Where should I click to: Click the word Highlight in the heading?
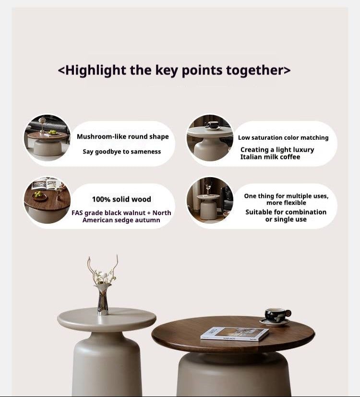tap(96, 70)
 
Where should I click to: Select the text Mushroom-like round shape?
tap(123, 136)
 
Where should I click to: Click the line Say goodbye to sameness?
tap(122, 151)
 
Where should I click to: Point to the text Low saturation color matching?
tap(283, 137)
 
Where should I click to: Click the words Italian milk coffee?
tap(270, 157)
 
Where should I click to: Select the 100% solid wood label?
tap(121, 199)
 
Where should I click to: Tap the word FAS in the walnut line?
tap(77, 213)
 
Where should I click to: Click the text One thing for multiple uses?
tap(286, 196)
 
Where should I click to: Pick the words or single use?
tap(286, 219)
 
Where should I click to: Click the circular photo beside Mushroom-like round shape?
tap(48, 138)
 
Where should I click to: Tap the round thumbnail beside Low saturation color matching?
tap(210, 138)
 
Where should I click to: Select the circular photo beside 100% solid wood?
tap(48, 200)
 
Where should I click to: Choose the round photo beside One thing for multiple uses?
tap(210, 200)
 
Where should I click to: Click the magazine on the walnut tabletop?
tap(235, 334)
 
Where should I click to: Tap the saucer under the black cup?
tap(275, 322)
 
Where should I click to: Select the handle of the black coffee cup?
tap(288, 313)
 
